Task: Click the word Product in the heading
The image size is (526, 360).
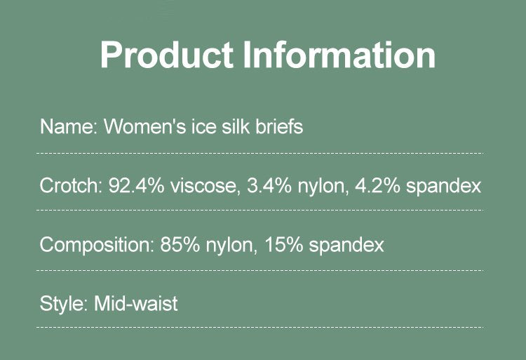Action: pos(167,55)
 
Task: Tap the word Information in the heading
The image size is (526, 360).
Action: pos(339,54)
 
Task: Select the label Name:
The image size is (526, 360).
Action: pos(69,127)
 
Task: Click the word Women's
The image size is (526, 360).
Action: pos(144,127)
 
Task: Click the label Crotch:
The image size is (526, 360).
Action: pos(71,185)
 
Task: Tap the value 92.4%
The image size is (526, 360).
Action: pos(136,185)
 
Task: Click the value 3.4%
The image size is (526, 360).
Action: pos(269,185)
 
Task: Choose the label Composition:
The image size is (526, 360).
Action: pos(97,245)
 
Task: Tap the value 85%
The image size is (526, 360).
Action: pos(180,245)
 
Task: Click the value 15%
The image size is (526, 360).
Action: pos(283,245)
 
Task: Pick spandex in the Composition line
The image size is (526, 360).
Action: pos(346,246)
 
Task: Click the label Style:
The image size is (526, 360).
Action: pos(64,305)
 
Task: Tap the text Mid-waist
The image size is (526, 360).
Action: pos(136,304)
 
